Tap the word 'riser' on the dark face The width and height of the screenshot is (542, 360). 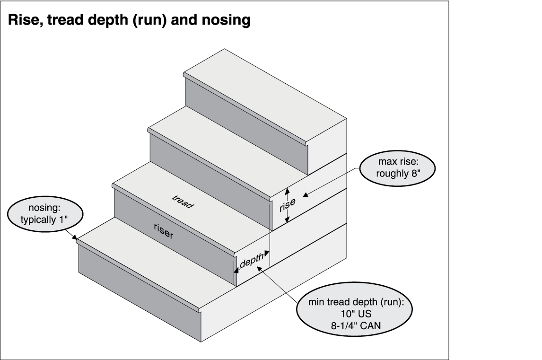[x=164, y=230]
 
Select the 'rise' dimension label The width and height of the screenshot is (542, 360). [x=287, y=205]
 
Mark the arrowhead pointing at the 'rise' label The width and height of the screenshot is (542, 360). [x=305, y=193]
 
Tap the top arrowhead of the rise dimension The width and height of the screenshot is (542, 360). [x=287, y=191]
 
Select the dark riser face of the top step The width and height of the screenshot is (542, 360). [x=246, y=125]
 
